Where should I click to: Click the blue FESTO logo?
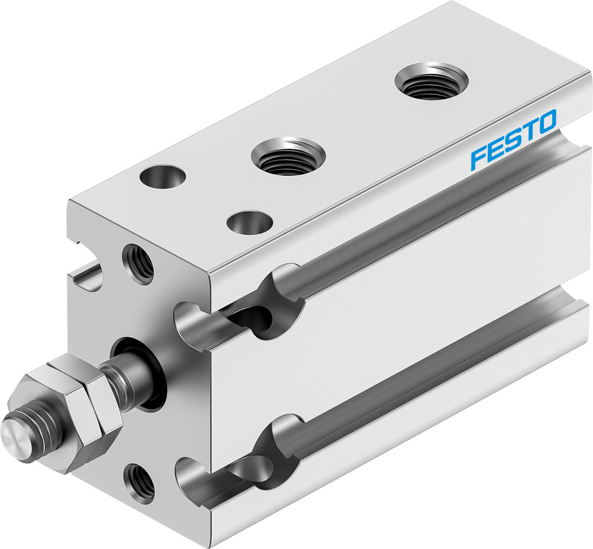point(514,140)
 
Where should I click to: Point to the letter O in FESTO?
point(546,122)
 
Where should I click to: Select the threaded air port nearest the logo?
point(431,81)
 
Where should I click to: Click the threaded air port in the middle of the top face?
point(288,156)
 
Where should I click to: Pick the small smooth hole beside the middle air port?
point(250,224)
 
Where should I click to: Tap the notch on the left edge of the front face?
point(86,279)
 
